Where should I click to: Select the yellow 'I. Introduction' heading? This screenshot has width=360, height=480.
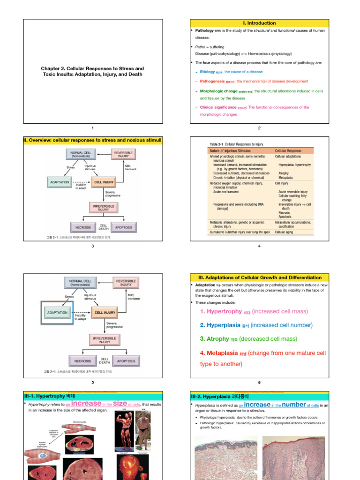259,23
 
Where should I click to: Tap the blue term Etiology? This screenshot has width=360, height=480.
208,72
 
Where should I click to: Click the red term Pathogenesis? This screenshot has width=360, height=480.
212,81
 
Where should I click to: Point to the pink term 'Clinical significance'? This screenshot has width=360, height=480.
218,107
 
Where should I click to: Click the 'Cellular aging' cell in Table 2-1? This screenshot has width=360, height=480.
284,232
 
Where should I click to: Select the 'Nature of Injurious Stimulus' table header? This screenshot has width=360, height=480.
230,151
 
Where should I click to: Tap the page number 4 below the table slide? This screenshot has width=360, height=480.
259,247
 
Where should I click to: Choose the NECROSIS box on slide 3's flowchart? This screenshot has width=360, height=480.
83,227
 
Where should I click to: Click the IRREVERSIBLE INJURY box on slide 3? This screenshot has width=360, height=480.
104,208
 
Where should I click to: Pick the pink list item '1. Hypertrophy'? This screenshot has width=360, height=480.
220,311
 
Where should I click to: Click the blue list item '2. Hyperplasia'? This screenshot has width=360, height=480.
220,325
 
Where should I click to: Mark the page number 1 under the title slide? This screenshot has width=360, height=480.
93,128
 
